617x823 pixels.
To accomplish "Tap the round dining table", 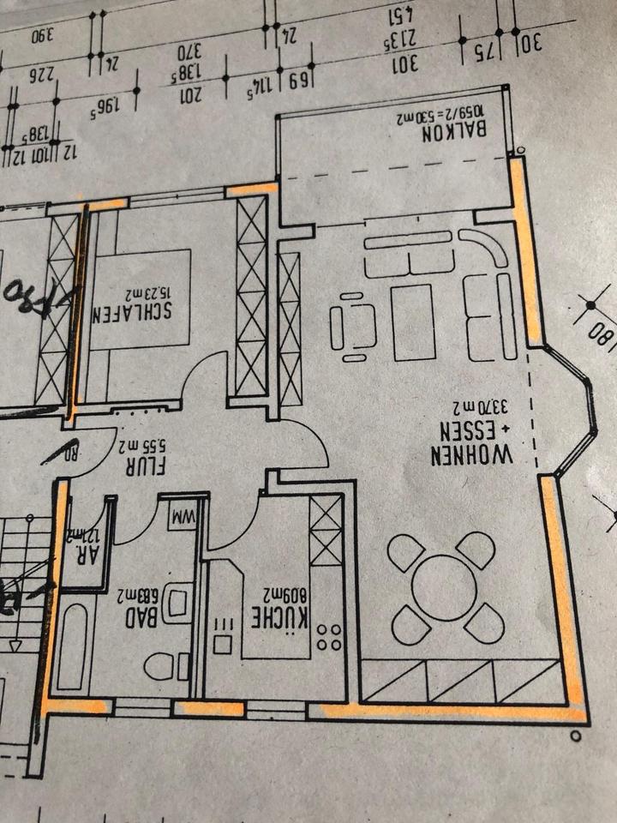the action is coord(444,589).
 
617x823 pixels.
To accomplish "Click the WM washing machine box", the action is coord(183,519).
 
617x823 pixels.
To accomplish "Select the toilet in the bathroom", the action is coord(161,665).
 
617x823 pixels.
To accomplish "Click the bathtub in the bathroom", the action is coord(72,647).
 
